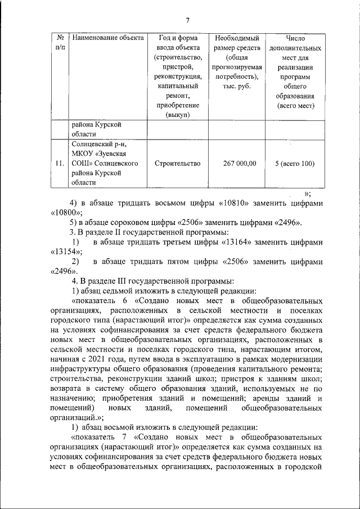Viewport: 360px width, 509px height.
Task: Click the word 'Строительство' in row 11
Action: tap(177, 164)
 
